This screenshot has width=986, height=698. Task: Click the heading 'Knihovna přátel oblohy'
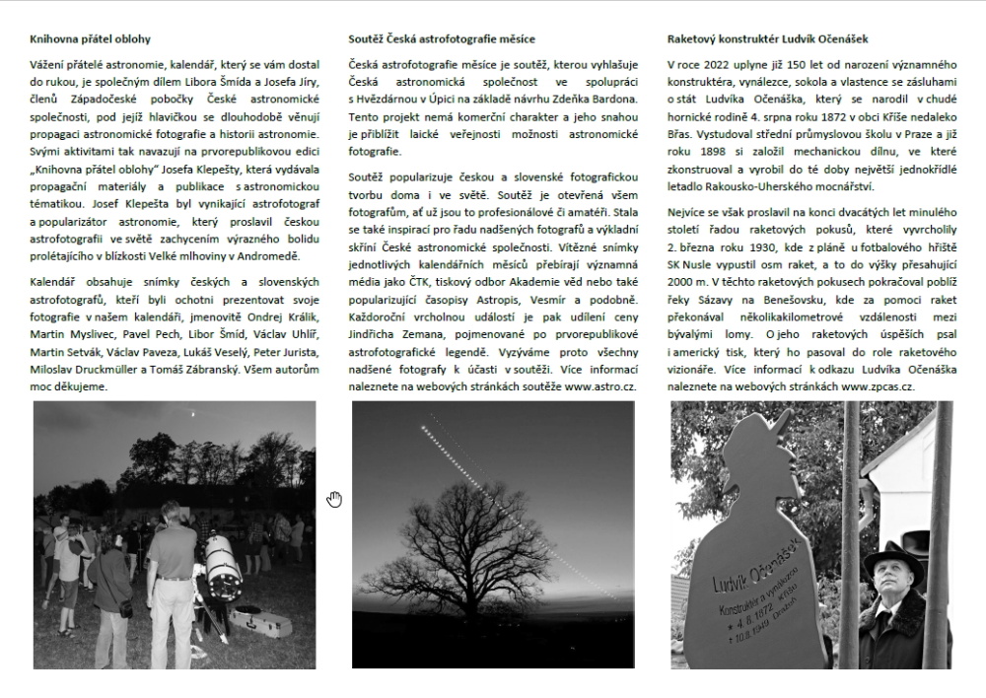tap(90, 39)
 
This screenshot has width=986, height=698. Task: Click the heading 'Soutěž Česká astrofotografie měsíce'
tap(443, 39)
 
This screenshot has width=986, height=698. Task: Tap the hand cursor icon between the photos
tap(334, 499)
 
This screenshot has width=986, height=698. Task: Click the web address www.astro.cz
tap(602, 386)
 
